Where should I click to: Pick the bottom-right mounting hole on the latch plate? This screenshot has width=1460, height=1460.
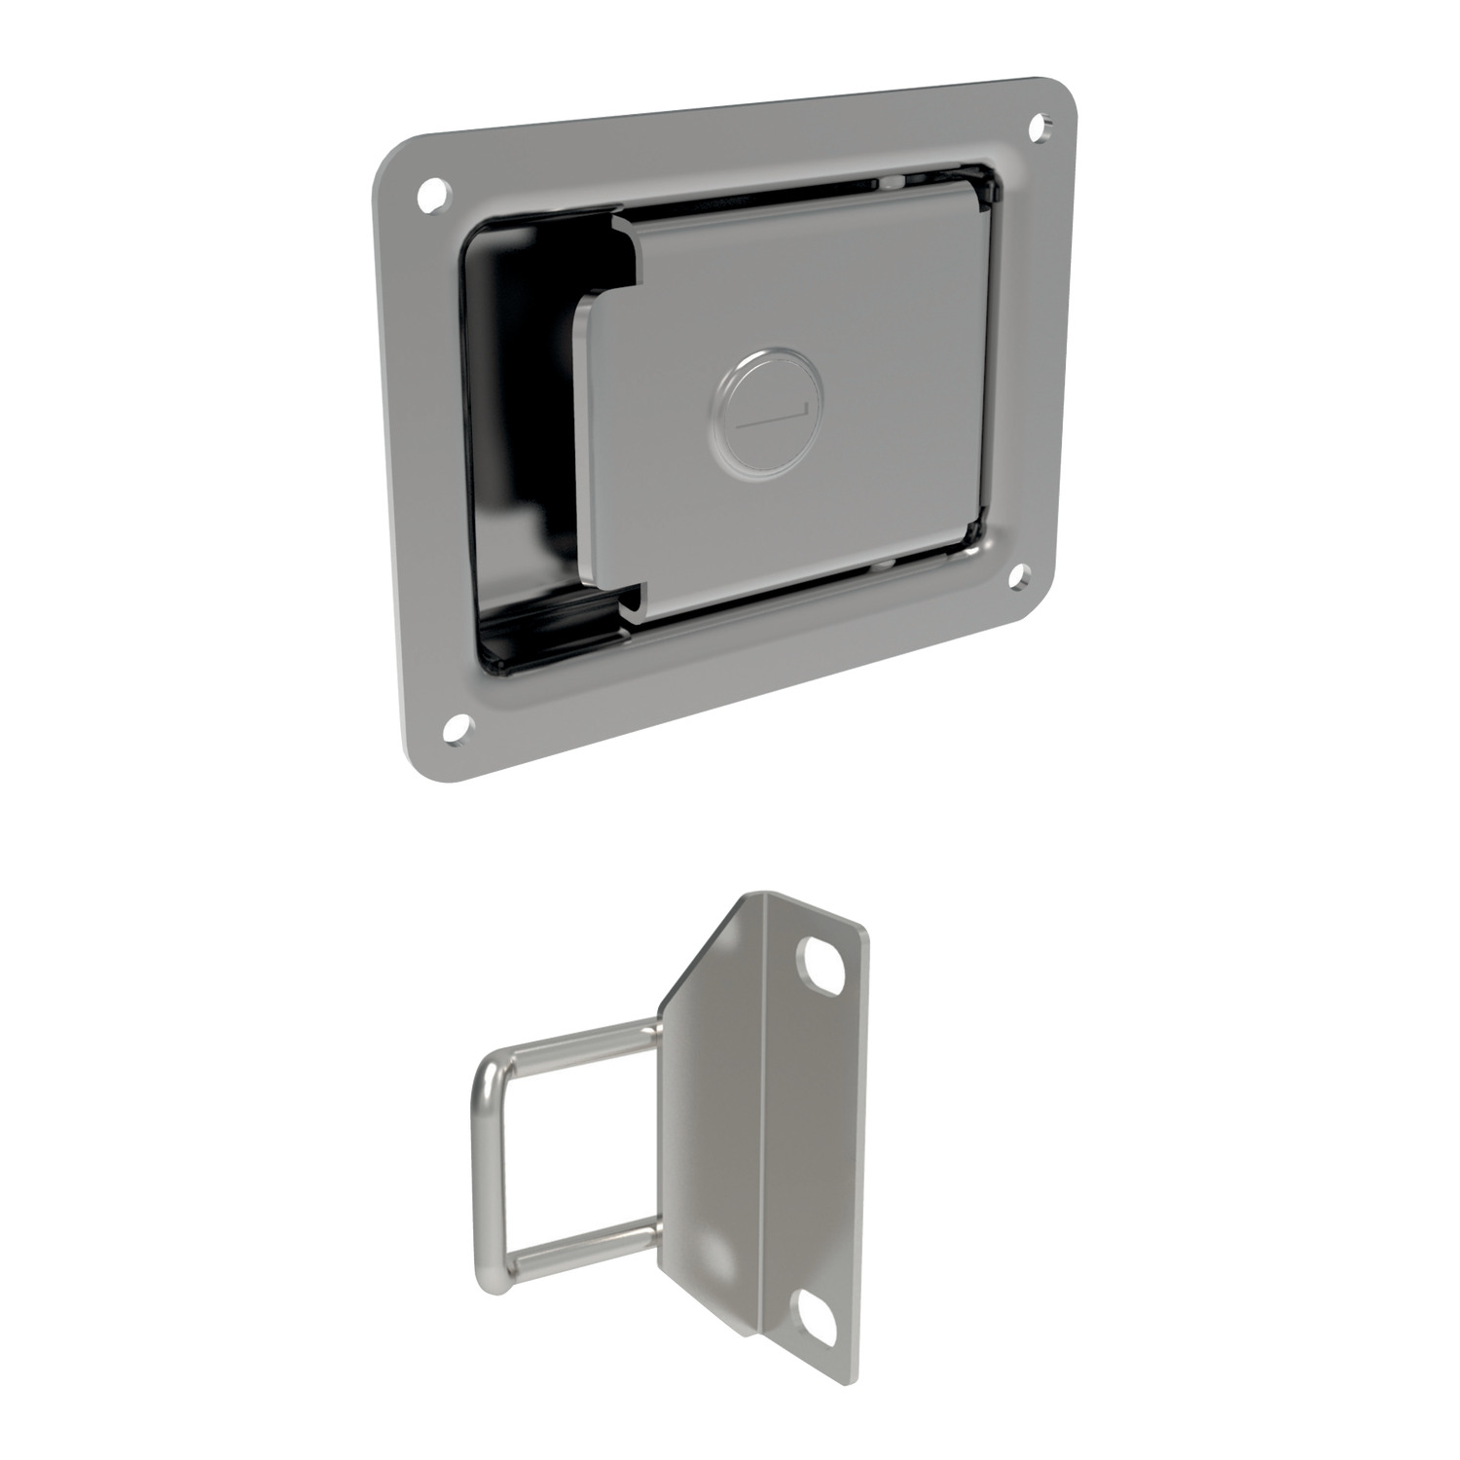[x=1019, y=577]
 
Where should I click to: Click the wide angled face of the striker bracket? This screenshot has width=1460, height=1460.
[x=711, y=1119]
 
